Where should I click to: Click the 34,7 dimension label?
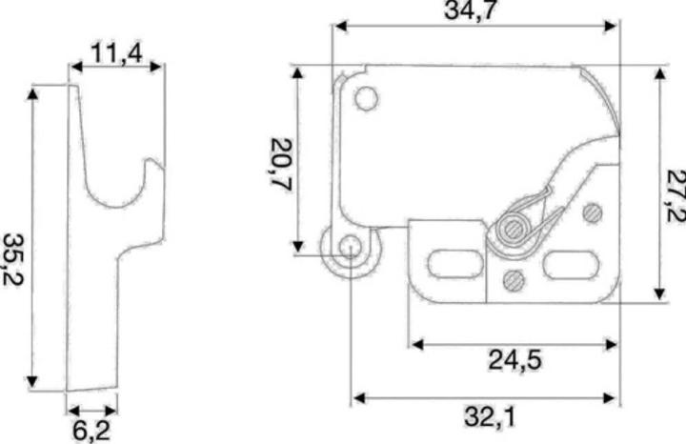pos(471,10)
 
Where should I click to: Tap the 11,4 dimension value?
pos(116,53)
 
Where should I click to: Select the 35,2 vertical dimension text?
pos(12,259)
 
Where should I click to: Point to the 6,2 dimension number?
pos(91,431)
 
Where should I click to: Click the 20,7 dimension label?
pos(281,164)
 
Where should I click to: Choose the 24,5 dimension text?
pos(514,360)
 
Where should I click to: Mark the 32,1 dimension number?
pos(490,416)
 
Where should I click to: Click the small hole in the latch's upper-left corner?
pos(366,98)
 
